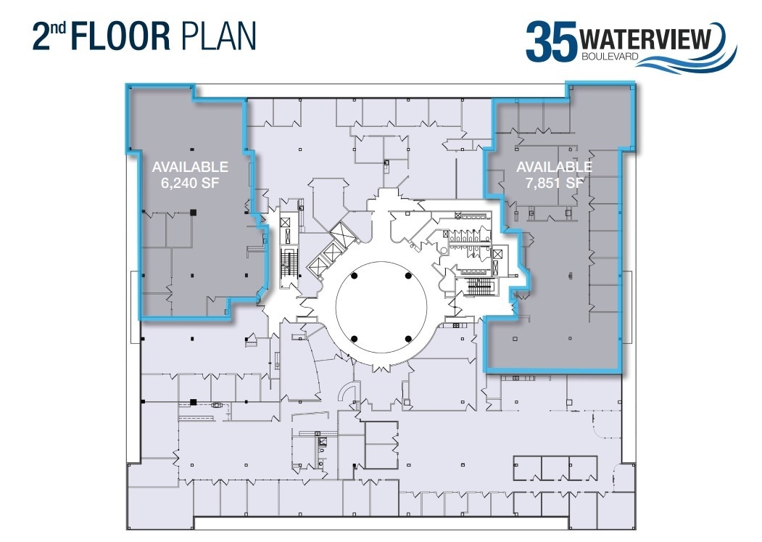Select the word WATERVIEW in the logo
coord(645,38)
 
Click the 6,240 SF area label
coord(190,183)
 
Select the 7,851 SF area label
coord(555,183)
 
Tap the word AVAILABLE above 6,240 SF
coord(190,167)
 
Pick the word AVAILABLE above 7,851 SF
coord(555,167)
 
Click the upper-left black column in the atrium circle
coord(354,276)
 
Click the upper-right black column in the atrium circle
coord(408,276)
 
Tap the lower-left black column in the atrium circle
coord(354,339)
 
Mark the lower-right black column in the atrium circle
coord(408,339)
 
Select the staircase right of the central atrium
coord(479,287)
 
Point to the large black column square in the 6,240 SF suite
coord(193,213)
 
